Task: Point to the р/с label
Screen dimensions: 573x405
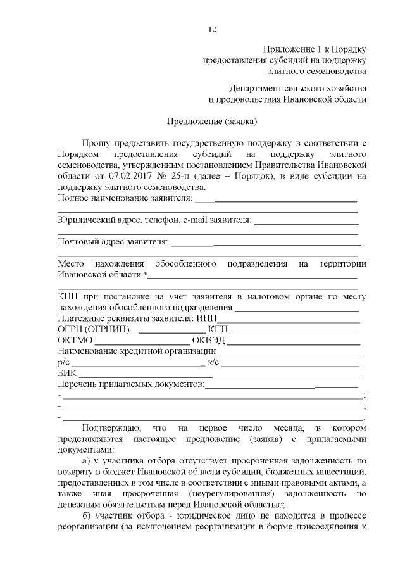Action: click(63, 363)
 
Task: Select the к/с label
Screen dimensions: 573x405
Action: click(213, 363)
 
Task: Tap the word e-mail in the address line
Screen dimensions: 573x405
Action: click(199, 220)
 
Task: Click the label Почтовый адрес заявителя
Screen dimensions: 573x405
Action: click(113, 241)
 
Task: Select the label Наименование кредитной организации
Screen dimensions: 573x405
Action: click(135, 352)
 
